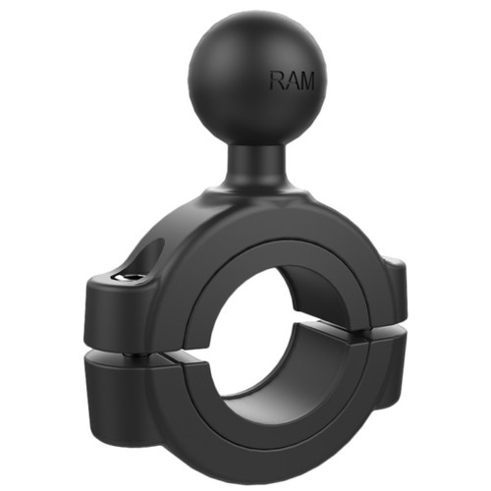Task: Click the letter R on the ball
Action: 277,82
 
